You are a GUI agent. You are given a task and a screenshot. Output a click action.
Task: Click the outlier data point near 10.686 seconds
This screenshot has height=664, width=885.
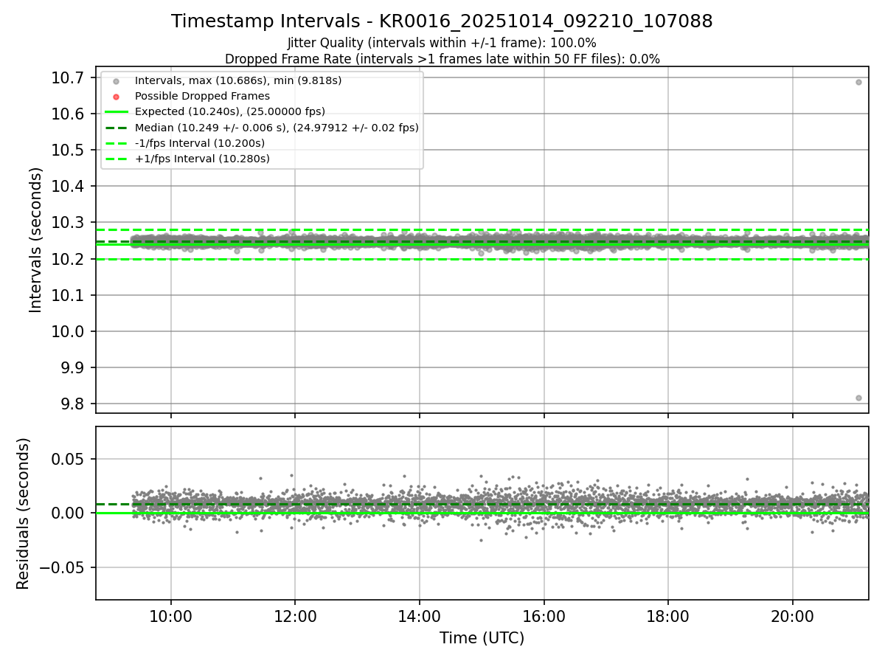point(858,82)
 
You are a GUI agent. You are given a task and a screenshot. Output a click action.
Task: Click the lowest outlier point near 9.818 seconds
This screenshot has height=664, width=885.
point(858,398)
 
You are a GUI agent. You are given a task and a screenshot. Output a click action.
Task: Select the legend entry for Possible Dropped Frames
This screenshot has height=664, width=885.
point(201,96)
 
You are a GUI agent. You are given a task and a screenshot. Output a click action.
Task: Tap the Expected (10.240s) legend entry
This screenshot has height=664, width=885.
point(229,111)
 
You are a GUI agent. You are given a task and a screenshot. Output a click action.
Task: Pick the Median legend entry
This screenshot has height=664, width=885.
point(277,128)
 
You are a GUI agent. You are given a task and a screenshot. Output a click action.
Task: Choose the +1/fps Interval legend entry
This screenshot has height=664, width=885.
point(202,159)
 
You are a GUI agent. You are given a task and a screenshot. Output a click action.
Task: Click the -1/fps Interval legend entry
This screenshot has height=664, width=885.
point(200,143)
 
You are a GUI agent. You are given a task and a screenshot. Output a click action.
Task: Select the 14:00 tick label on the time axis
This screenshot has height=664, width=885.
point(420,617)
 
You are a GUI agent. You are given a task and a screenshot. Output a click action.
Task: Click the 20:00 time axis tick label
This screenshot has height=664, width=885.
point(793,617)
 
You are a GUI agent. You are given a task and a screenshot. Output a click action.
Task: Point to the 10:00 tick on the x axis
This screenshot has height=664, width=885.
point(171,617)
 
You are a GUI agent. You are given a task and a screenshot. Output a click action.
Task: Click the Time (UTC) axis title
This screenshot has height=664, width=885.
point(482,638)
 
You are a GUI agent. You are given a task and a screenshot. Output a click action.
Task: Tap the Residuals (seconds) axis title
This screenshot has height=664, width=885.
point(24,513)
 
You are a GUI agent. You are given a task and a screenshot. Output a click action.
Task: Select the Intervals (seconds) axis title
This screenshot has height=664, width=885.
point(36,240)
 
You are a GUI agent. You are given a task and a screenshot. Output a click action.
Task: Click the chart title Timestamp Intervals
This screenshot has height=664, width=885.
point(442,21)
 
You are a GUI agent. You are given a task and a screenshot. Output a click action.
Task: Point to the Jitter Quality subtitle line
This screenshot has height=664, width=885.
point(442,43)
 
